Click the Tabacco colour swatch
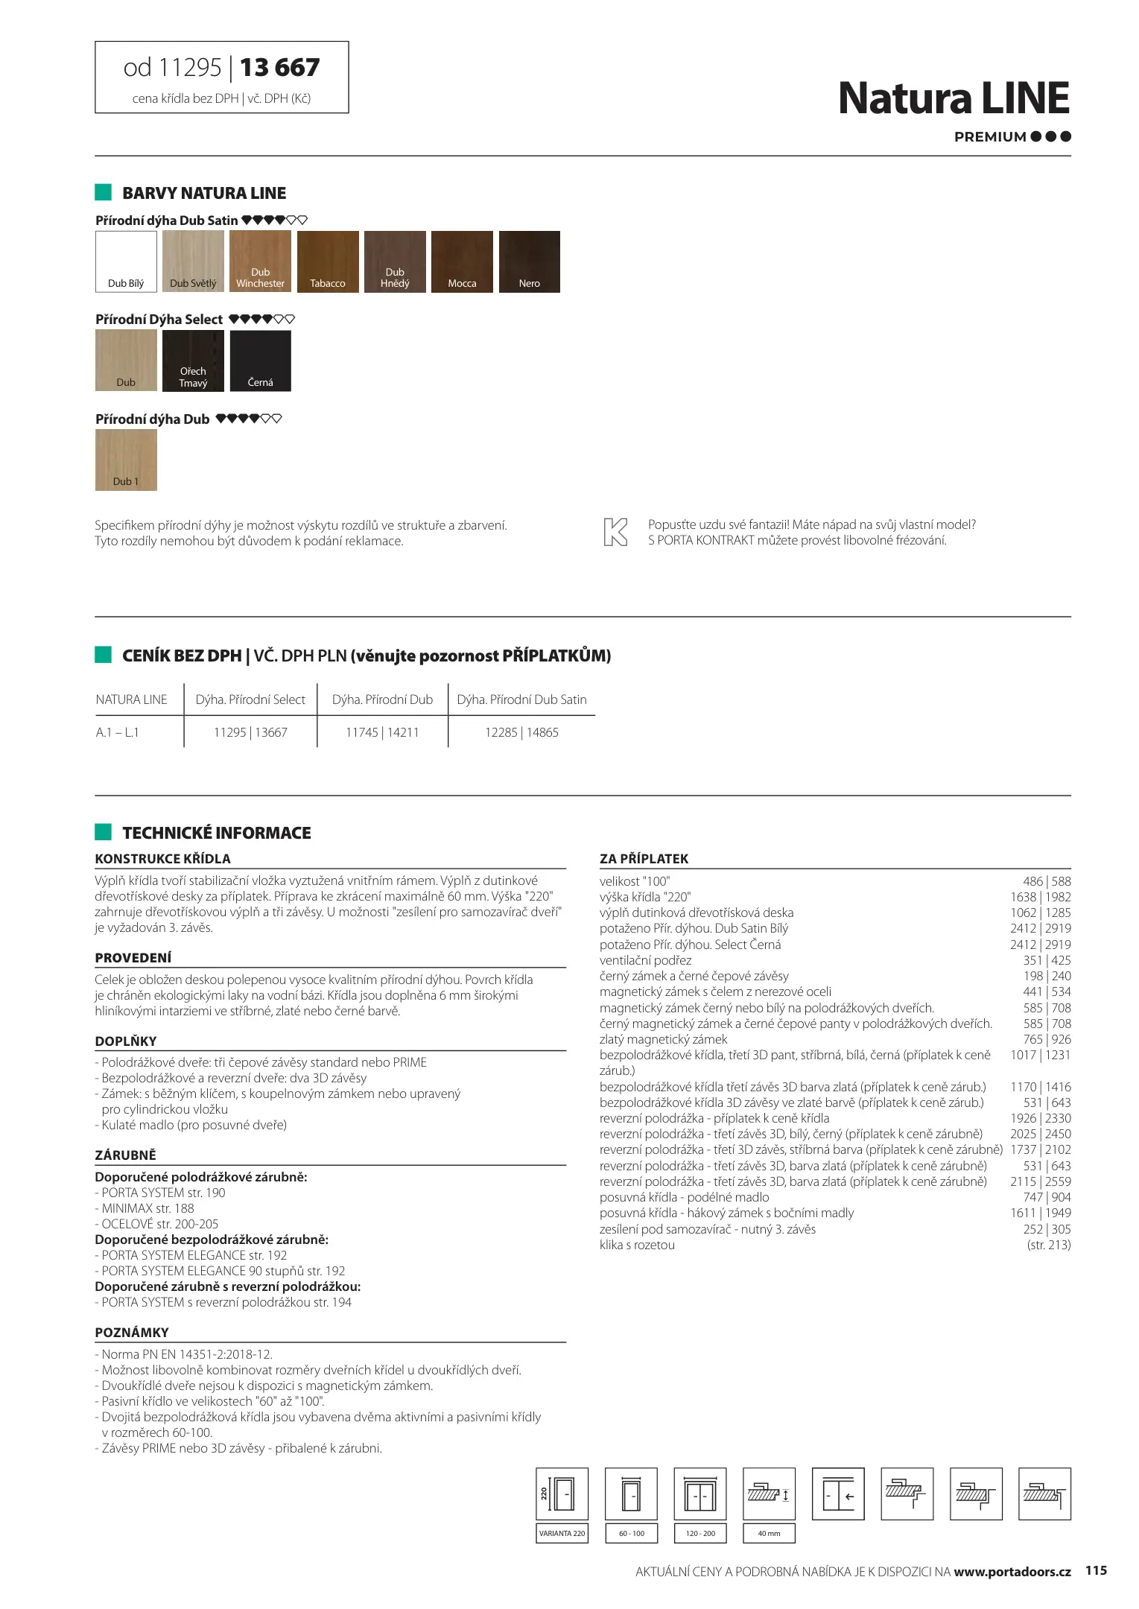point(328,261)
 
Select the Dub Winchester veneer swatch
point(260,261)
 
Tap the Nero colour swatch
point(529,261)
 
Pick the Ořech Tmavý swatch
point(193,361)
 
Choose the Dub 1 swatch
point(126,460)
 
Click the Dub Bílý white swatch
point(126,261)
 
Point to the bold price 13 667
point(279,68)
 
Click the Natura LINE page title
point(954,98)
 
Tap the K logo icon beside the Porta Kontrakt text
point(615,532)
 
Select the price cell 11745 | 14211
point(382,732)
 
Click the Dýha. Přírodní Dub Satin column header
point(521,699)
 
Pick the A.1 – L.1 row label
point(118,732)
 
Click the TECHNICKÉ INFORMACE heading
point(217,833)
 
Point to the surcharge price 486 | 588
point(1047,881)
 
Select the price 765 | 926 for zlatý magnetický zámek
point(1047,1039)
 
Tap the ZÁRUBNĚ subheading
point(126,1155)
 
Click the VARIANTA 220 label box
point(562,1533)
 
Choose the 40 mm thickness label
point(769,1533)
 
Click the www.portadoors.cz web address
point(1012,1571)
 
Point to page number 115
point(1096,1570)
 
